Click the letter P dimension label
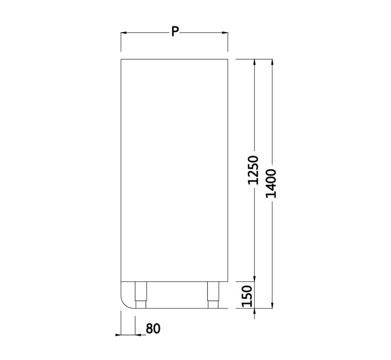(x=175, y=32)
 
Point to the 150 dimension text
(x=248, y=295)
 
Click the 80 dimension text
(x=153, y=328)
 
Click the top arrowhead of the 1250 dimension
(x=254, y=62)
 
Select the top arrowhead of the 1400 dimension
(x=273, y=62)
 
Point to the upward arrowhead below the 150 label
(x=254, y=312)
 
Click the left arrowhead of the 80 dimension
(x=118, y=335)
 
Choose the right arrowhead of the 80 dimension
(x=138, y=335)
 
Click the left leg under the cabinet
(x=140, y=291)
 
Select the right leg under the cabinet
(x=213, y=291)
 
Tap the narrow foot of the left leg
(x=140, y=304)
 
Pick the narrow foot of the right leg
(x=213, y=304)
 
